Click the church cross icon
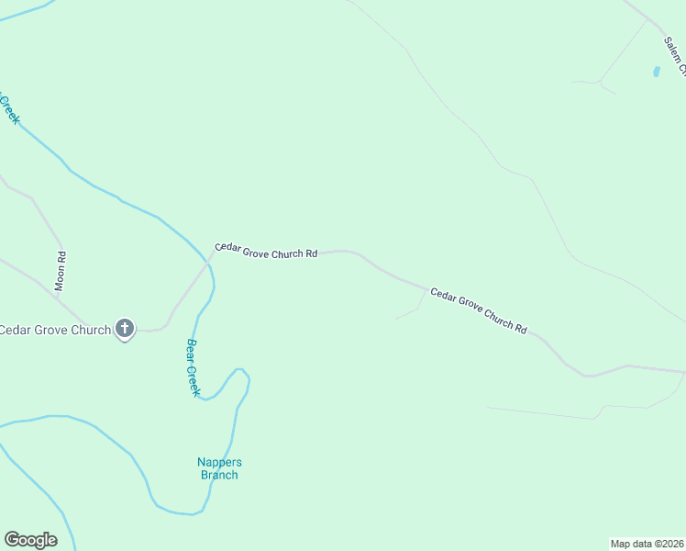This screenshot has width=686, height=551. click(x=125, y=329)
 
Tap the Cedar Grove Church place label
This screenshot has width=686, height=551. click(x=55, y=330)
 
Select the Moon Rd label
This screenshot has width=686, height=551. click(x=61, y=272)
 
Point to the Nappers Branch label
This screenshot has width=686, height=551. click(x=219, y=468)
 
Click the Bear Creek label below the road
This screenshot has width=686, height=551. click(x=193, y=367)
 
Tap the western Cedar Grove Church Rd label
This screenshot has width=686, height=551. click(x=266, y=251)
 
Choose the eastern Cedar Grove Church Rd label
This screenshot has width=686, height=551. click(x=479, y=310)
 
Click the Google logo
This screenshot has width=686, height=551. click(x=30, y=540)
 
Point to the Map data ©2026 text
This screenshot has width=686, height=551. click(x=647, y=544)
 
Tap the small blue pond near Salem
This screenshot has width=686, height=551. click(x=656, y=71)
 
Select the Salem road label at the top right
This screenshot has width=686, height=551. click(x=676, y=56)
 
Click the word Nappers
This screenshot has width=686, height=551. click(x=219, y=462)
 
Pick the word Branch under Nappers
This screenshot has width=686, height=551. click(x=219, y=475)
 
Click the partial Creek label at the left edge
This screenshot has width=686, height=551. click(x=9, y=108)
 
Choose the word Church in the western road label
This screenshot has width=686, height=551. click(x=288, y=253)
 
